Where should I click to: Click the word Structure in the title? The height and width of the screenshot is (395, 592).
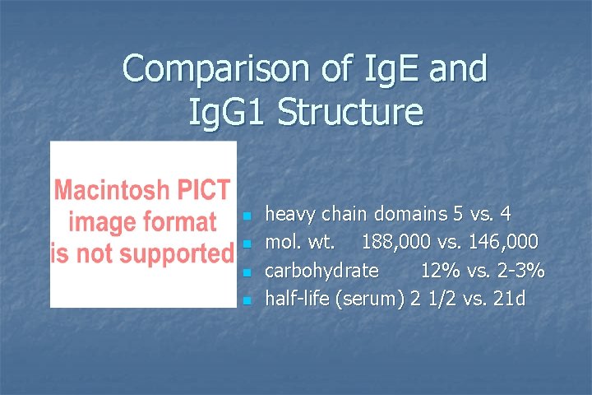(349, 112)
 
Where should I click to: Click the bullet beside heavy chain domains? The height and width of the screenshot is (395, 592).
(246, 216)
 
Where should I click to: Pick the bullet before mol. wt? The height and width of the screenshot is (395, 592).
(246, 244)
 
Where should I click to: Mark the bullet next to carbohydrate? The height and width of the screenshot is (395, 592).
(246, 272)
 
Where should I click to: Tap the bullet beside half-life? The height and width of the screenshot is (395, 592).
(246, 300)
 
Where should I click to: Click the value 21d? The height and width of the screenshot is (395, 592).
(508, 299)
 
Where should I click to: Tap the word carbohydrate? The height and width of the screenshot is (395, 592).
(321, 271)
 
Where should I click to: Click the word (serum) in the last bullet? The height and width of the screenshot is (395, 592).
(371, 299)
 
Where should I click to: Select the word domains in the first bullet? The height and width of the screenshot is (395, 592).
(411, 215)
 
